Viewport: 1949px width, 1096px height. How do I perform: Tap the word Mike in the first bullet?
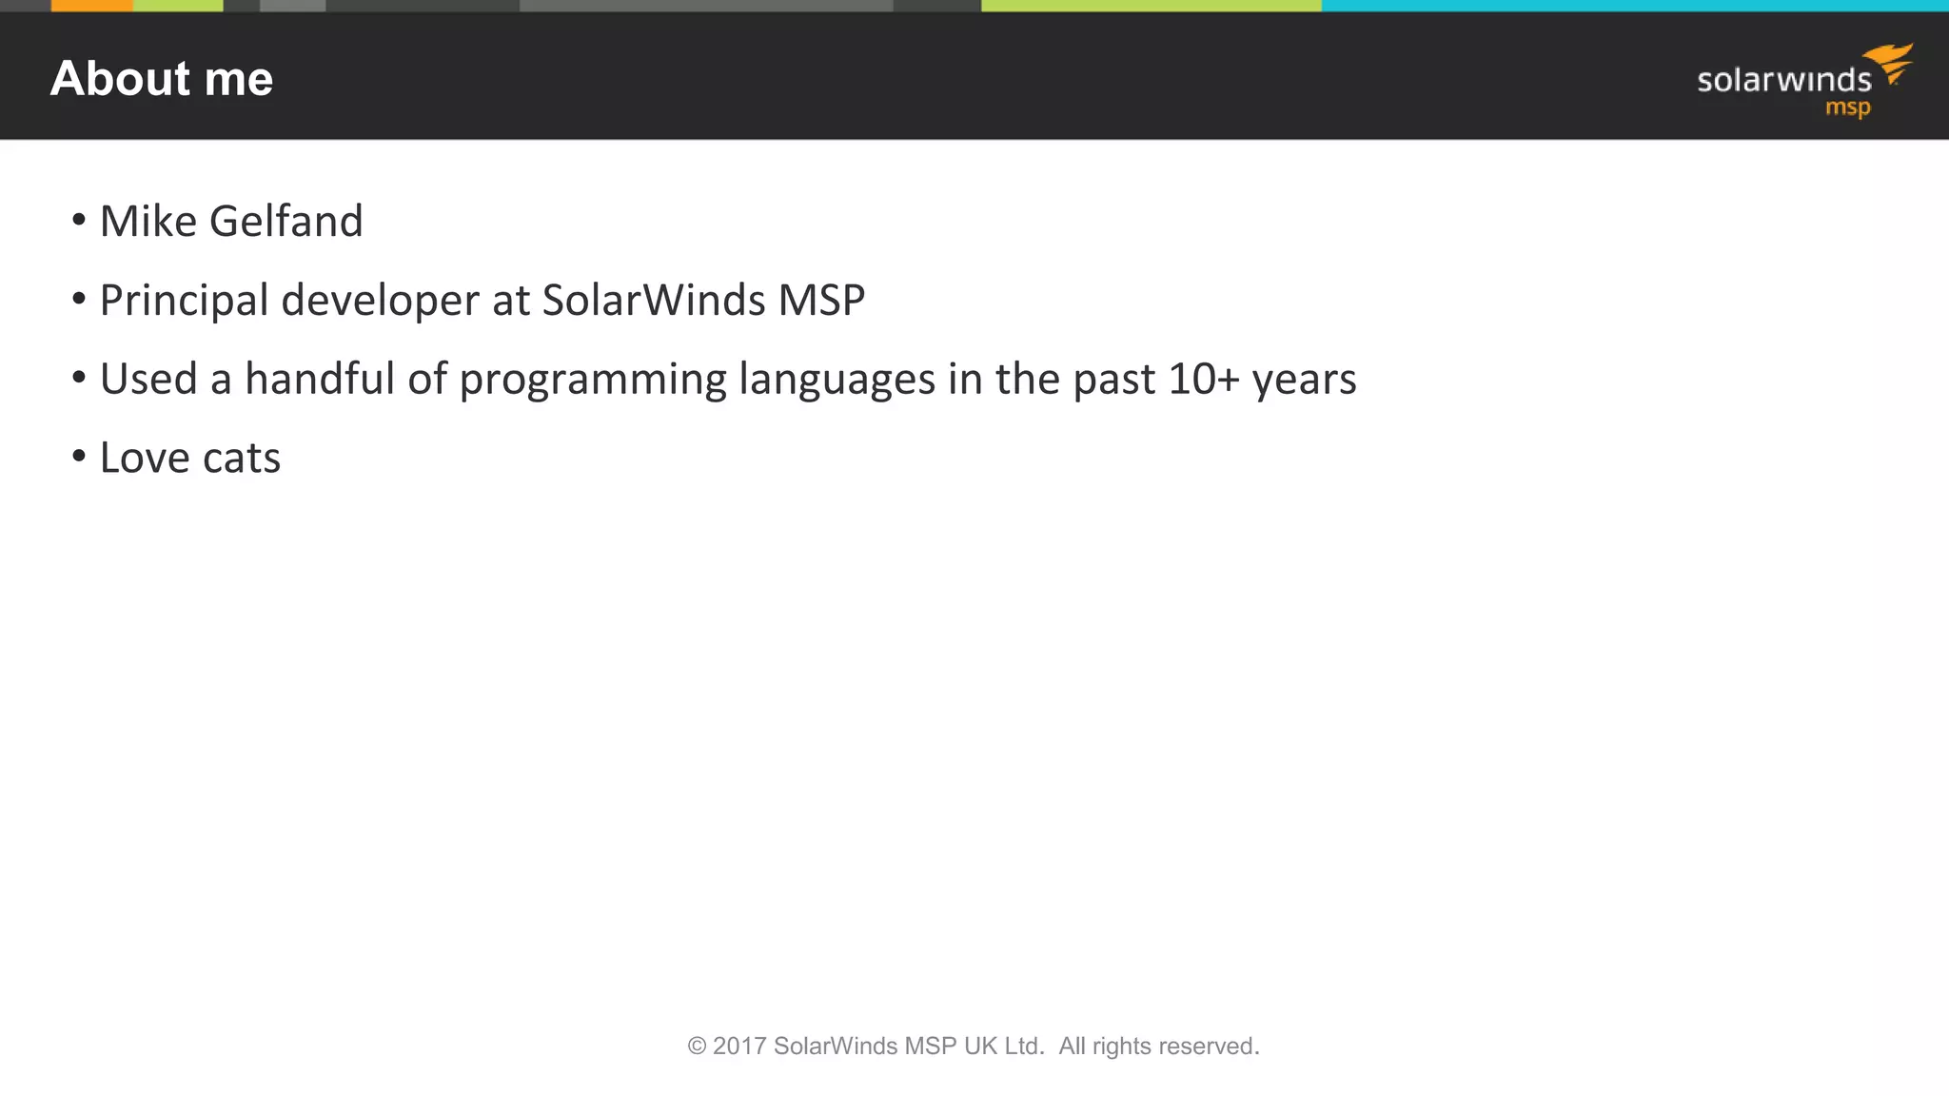[x=148, y=221]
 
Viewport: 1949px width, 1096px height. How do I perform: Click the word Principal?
[x=184, y=301]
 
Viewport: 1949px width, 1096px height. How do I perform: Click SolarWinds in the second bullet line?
[x=654, y=301]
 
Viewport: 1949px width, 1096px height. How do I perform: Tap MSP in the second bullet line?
[x=821, y=301]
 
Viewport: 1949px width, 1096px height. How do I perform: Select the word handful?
[x=319, y=379]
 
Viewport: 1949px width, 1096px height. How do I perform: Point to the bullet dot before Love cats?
[x=79, y=456]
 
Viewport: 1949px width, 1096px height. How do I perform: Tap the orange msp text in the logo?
[x=1847, y=108]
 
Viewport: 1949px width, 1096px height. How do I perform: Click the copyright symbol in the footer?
[x=697, y=1047]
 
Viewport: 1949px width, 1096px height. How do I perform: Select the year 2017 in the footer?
[x=739, y=1047]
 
